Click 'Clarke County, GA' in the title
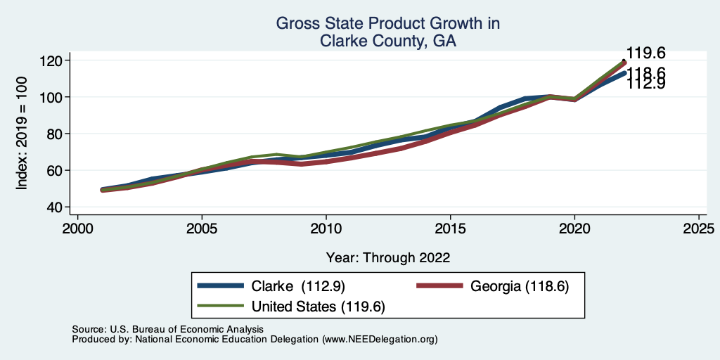pyautogui.click(x=387, y=41)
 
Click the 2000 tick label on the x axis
pyautogui.click(x=77, y=229)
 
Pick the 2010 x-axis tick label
pyautogui.click(x=326, y=229)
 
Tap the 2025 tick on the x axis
pyautogui.click(x=699, y=229)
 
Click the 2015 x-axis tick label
pyautogui.click(x=450, y=229)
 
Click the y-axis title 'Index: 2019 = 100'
pyautogui.click(x=22, y=134)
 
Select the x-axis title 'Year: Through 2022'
pyautogui.click(x=387, y=257)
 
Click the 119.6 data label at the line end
pyautogui.click(x=645, y=53)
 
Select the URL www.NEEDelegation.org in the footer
pyautogui.click(x=380, y=340)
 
